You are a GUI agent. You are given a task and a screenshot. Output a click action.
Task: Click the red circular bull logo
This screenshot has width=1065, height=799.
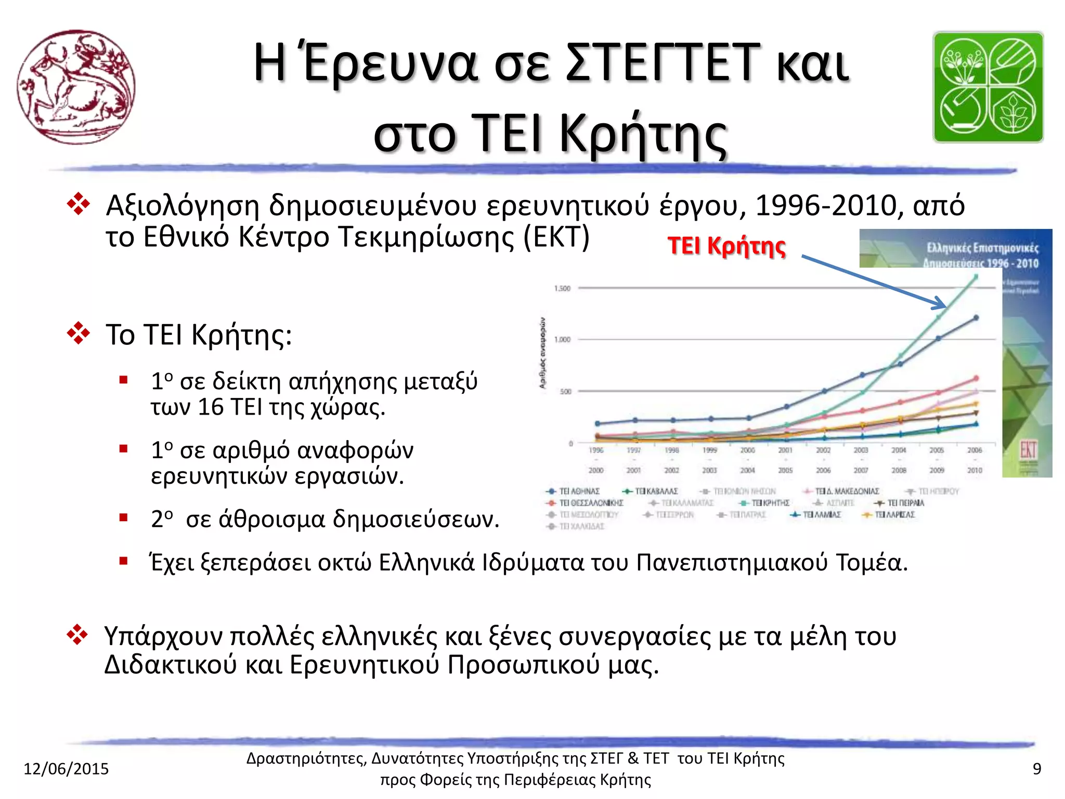[x=76, y=87]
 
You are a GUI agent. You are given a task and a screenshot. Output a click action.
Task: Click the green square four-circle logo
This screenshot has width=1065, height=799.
[x=988, y=87]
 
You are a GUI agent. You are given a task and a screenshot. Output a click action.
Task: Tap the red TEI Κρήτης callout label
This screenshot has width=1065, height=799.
[x=726, y=246]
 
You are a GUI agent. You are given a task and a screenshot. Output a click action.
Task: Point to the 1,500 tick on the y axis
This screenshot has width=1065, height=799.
[x=562, y=288]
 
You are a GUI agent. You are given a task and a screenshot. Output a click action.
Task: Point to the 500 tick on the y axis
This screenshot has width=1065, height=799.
[x=565, y=391]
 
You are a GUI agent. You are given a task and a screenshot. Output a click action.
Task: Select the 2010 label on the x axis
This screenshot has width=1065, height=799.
[x=975, y=470]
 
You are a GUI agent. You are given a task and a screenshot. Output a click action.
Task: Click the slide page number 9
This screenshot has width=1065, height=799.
[x=1036, y=768]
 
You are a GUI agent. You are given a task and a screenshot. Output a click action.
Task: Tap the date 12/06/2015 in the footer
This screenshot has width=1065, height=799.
[x=66, y=768]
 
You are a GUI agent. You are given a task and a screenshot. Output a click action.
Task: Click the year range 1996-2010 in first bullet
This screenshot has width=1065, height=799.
[x=826, y=205]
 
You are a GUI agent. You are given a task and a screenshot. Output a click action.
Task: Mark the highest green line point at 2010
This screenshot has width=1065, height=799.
[x=976, y=277]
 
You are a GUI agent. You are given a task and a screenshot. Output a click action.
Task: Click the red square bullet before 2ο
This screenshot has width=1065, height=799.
[x=123, y=518]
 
